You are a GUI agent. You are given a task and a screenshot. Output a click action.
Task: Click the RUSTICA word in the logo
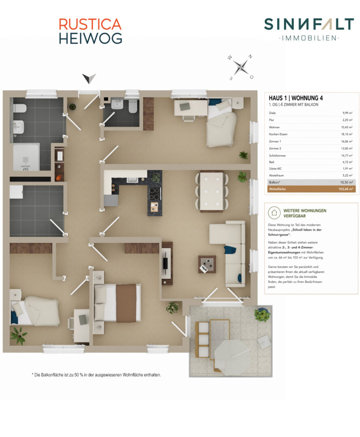point(90,25)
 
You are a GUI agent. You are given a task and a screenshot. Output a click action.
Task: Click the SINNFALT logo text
point(309,24)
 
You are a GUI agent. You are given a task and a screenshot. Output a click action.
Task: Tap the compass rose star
point(241,67)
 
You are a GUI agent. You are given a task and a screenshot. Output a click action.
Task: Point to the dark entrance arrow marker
point(89,78)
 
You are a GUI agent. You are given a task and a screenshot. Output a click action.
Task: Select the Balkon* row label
point(275,182)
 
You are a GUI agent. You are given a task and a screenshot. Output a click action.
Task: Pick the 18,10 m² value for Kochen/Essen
point(347,134)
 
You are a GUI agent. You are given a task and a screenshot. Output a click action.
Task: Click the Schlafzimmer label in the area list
point(277,155)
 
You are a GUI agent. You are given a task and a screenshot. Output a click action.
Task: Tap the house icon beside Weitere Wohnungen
point(274,213)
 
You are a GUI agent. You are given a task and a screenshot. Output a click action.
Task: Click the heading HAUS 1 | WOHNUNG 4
point(296,98)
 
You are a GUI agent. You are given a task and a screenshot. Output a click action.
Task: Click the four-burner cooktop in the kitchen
point(154,194)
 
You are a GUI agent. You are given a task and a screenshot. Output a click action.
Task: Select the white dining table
point(211,191)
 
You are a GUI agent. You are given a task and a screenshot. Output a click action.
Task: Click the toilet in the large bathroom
point(19,108)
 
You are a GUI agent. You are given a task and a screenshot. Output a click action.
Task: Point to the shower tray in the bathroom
point(26,157)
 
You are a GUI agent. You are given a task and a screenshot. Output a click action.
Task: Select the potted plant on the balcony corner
point(262,315)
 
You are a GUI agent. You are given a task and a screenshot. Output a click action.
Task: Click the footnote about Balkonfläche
point(96,375)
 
